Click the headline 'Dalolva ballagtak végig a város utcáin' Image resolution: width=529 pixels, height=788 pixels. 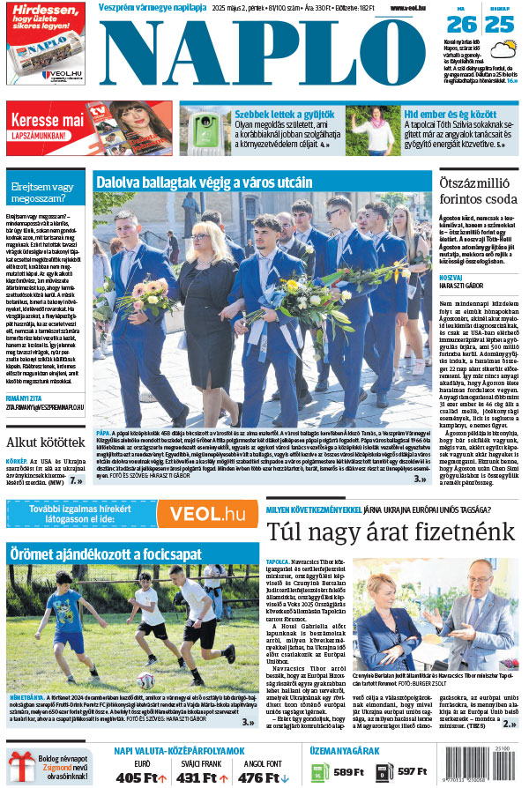point(205,182)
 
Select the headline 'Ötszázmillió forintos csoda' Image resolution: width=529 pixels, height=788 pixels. point(478,190)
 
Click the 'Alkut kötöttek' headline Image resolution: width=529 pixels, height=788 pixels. point(44,442)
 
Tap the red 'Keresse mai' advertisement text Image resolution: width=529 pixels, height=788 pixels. point(48,118)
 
